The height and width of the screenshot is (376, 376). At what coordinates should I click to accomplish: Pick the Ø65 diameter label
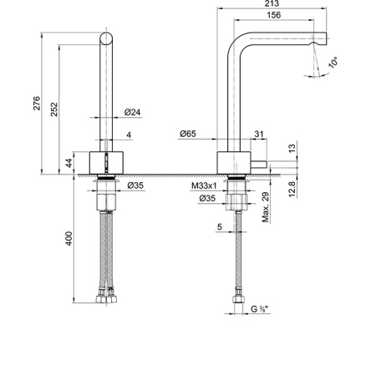(188, 134)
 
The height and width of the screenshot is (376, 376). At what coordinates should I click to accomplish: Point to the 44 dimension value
(69, 164)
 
